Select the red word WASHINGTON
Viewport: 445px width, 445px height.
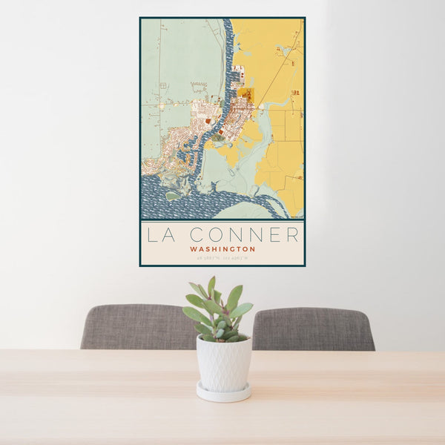[222, 250]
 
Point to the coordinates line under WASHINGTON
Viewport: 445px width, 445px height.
[222, 258]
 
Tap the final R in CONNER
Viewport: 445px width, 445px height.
[293, 235]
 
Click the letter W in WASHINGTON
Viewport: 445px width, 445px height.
[193, 250]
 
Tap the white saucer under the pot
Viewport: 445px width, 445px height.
[223, 393]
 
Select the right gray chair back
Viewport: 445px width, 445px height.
[313, 329]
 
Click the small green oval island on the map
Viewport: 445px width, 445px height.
[172, 196]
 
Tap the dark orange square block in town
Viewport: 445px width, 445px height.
[245, 97]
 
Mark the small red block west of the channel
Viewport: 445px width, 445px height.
[209, 119]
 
